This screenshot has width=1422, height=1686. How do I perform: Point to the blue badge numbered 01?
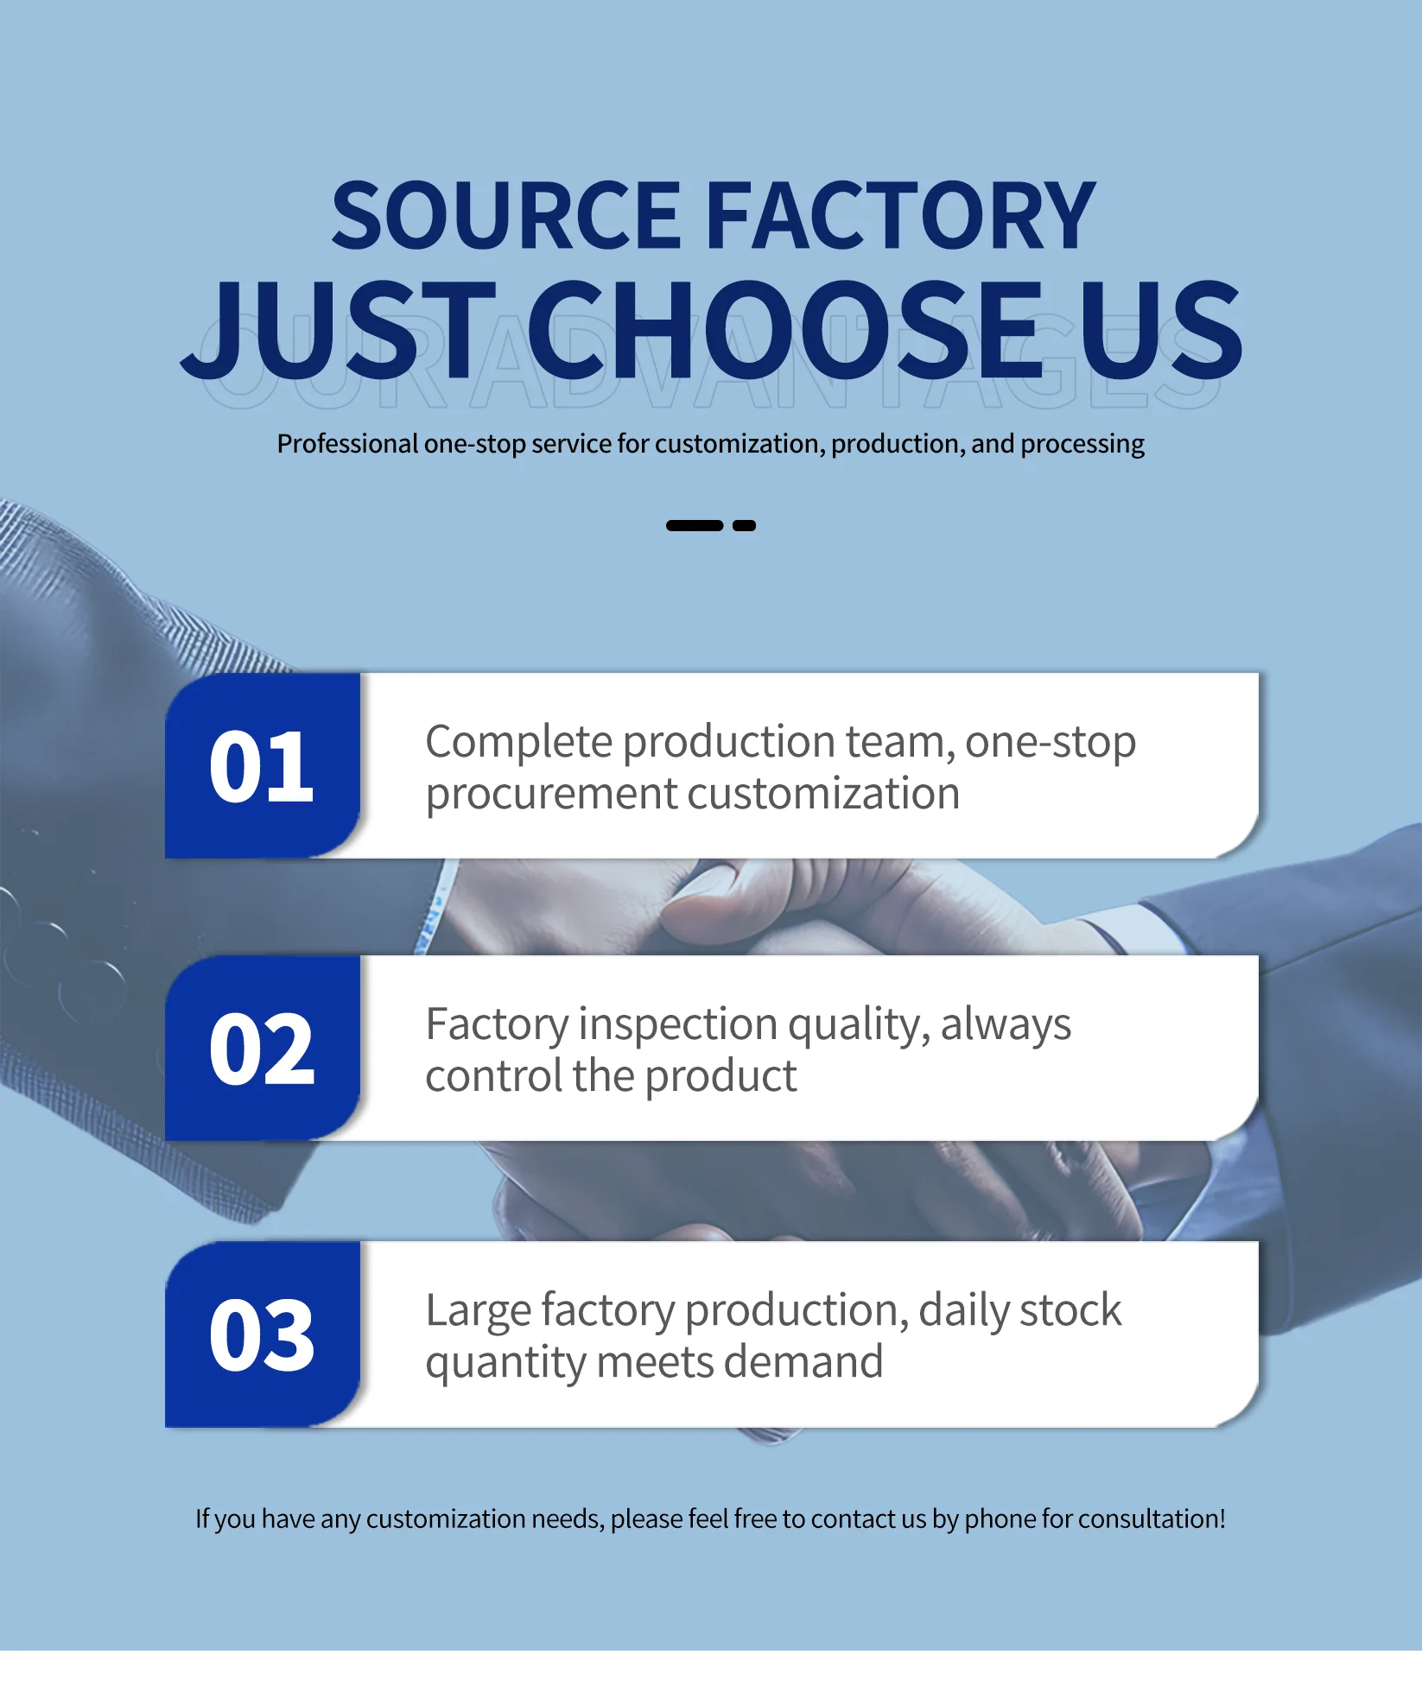(x=263, y=765)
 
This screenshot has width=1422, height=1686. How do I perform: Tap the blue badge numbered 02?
(x=263, y=1048)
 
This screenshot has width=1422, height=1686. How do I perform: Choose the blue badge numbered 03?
(x=263, y=1334)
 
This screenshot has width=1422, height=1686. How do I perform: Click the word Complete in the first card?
(x=519, y=743)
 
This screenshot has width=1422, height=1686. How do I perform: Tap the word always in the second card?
(x=1006, y=1026)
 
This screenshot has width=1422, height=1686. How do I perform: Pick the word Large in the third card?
(x=479, y=1311)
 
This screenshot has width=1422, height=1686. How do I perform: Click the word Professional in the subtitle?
(x=347, y=443)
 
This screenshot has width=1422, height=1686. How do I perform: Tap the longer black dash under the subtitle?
(x=695, y=525)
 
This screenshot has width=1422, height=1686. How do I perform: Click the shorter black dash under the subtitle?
(x=744, y=525)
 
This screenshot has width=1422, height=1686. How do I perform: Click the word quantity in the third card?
(x=506, y=1364)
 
